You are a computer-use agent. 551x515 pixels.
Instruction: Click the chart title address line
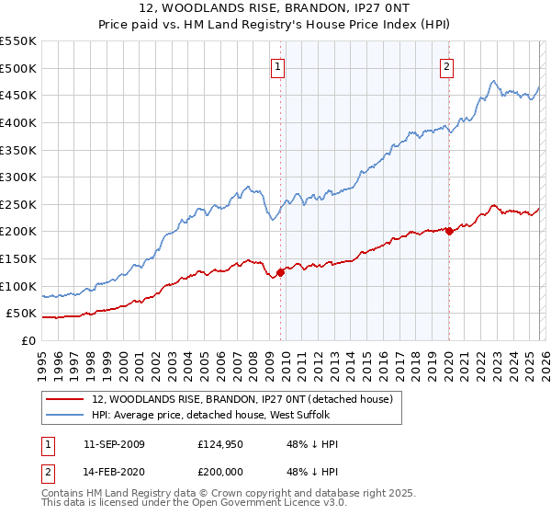(275, 8)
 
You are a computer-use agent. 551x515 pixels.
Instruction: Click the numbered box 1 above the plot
(277, 65)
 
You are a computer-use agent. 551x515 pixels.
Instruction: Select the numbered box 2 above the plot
(446, 65)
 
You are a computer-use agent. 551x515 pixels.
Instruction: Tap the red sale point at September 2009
(280, 271)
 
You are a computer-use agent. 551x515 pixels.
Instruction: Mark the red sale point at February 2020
(449, 232)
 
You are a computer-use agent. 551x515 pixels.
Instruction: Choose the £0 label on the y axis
(28, 341)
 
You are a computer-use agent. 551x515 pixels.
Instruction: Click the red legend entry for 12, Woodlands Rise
(242, 399)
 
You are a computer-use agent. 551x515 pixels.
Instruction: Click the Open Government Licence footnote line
(183, 504)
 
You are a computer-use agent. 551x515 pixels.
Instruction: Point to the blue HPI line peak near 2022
(494, 81)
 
